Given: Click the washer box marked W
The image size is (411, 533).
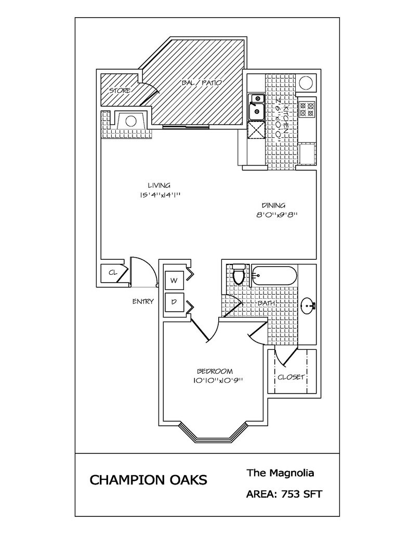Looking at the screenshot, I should coord(175,281).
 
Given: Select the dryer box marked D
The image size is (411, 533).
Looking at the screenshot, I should coord(175,301).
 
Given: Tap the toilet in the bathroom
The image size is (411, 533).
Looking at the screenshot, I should coord(238,274).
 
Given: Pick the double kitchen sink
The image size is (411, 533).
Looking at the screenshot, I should coord(256,106).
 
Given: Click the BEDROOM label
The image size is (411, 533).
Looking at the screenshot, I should coord(215,371).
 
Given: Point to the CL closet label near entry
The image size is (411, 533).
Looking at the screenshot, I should coord(112,272).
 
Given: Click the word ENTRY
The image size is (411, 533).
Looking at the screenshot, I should coord(143,301).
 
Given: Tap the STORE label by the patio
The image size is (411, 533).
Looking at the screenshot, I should coord(119,91).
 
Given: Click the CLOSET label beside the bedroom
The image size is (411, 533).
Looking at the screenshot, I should coord(290,377).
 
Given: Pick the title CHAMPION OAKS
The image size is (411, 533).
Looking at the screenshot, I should coord(148,479).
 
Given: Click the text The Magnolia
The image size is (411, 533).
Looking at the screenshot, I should coord(280,473).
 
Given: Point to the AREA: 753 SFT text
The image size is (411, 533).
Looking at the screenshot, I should coord(284,494).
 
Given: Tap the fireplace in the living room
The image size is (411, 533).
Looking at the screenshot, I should coord(130,123).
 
